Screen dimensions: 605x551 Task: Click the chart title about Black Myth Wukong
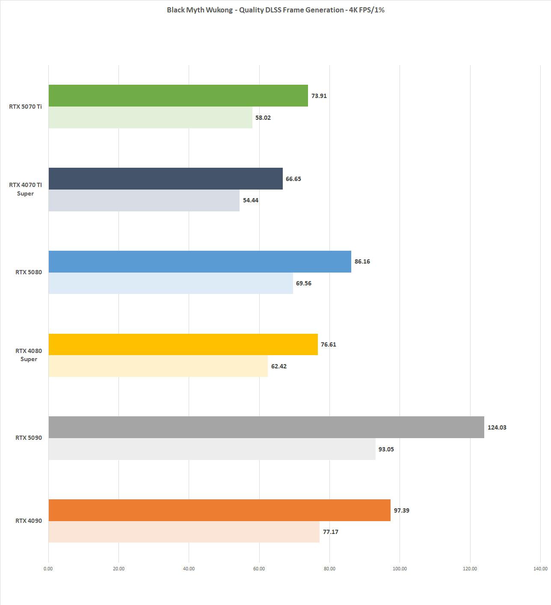tap(275, 10)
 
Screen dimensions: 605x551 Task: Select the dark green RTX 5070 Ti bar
tap(178, 95)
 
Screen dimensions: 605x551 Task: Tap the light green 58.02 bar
tap(150, 117)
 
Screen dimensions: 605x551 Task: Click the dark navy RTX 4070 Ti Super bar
tap(166, 178)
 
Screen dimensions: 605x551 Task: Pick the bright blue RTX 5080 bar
tap(200, 261)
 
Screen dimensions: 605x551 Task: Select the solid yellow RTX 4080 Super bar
tap(183, 344)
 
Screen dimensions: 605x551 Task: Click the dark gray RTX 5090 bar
tap(266, 427)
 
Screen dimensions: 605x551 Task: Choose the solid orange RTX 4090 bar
tap(219, 510)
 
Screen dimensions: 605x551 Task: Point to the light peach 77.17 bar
tap(184, 532)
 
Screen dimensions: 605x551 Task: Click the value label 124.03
tap(497, 427)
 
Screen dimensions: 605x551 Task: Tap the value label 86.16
tap(362, 261)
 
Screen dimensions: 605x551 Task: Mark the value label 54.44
tap(251, 200)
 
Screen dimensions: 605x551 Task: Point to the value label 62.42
tap(279, 366)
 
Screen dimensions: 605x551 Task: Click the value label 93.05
tap(386, 449)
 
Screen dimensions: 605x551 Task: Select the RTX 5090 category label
tap(29, 438)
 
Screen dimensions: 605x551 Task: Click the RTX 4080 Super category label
tap(29, 355)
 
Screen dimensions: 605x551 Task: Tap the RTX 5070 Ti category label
tap(26, 107)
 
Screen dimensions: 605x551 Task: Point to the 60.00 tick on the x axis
tap(259, 569)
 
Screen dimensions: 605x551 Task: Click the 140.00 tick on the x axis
tap(540, 569)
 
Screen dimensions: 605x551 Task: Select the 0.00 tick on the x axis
tap(48, 569)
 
